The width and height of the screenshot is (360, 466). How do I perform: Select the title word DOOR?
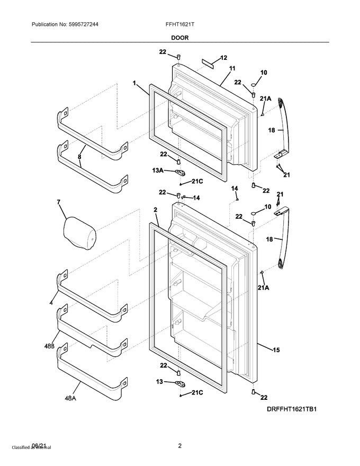(x=179, y=38)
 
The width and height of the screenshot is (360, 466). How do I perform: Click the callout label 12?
(x=223, y=58)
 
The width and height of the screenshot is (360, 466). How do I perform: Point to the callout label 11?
(x=232, y=69)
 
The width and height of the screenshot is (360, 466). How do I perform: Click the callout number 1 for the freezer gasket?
(x=135, y=83)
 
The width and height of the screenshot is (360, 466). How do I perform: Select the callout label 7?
(x=59, y=202)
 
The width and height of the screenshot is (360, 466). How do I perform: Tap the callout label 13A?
(x=158, y=171)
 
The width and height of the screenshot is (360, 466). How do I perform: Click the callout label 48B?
(x=49, y=346)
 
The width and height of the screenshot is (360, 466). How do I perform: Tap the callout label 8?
(x=80, y=157)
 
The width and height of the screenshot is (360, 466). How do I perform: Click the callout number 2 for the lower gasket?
(x=156, y=210)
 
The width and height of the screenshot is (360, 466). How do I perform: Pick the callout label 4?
(x=51, y=302)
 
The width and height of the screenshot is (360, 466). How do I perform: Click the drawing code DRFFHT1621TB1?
(x=291, y=409)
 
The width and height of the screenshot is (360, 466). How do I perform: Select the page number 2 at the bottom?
(x=179, y=446)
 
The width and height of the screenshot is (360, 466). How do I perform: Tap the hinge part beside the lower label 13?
(x=179, y=383)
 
